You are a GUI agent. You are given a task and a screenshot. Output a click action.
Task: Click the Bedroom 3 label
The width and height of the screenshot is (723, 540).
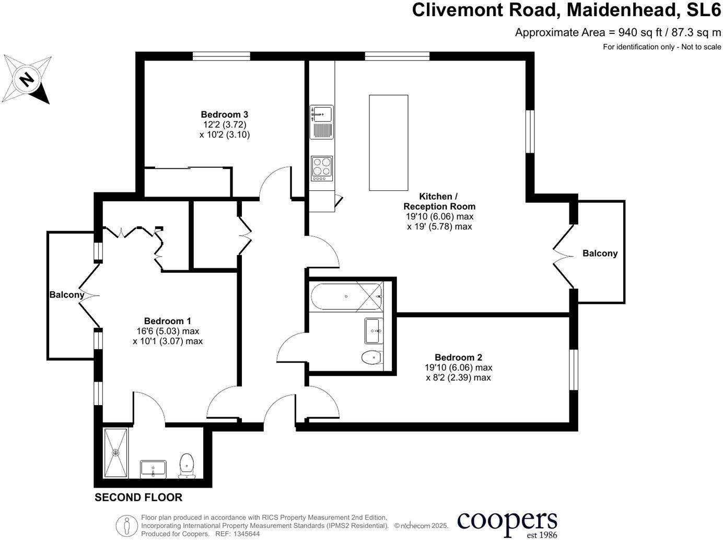coord(224,114)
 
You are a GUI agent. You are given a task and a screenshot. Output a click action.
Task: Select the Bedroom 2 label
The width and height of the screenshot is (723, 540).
coord(458,358)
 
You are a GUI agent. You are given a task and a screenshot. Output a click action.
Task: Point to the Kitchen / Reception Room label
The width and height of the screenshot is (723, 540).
coord(439,201)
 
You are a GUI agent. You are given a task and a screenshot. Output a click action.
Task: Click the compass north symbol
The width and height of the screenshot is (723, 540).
coord(27,79)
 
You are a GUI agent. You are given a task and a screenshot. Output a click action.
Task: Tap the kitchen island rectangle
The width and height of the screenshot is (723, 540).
coord(388,142)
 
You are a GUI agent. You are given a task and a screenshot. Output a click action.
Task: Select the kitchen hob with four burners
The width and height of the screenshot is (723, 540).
coord(322,168)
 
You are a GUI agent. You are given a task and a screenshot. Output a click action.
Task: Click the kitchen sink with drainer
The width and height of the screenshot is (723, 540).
coord(321,122)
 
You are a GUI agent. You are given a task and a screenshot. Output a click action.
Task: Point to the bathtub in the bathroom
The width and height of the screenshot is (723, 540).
coord(346,296)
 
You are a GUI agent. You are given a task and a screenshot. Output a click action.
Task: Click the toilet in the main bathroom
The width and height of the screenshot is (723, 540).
coord(371,358)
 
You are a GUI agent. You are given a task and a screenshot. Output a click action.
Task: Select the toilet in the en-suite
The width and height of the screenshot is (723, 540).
coord(187,465)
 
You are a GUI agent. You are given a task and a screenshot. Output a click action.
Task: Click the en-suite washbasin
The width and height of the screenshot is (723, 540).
coord(153,468)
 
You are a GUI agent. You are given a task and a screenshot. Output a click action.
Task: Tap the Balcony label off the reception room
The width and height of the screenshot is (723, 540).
coord(600,254)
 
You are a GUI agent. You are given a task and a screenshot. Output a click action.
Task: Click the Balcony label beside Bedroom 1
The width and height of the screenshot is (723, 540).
coord(67,295)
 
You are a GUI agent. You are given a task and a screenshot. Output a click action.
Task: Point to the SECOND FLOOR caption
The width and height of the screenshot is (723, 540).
coord(138,498)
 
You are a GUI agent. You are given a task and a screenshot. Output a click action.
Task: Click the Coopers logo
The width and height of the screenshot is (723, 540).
coord(507,522)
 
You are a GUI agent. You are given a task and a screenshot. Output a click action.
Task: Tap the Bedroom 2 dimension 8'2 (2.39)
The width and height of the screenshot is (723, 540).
coord(458,377)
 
